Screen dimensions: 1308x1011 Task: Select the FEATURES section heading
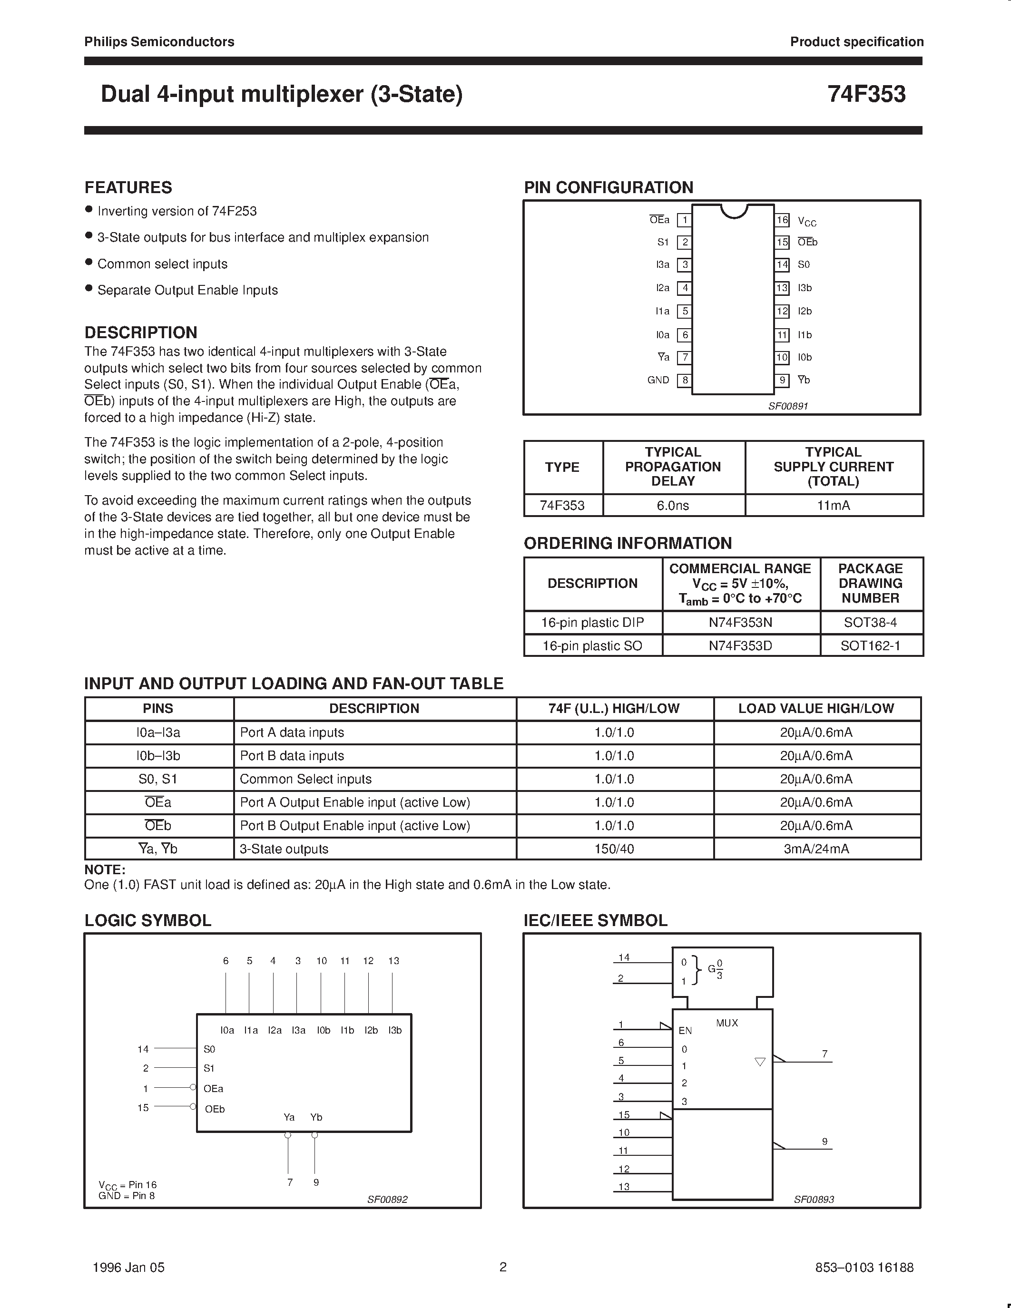(128, 187)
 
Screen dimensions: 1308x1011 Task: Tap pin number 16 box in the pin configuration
(782, 220)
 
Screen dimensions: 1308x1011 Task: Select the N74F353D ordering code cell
(740, 645)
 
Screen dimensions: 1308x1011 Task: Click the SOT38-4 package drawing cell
(870, 622)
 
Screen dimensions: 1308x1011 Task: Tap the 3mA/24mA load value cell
(816, 849)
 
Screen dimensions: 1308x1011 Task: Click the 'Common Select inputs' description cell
(305, 779)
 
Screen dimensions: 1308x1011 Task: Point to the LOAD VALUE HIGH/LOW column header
(816, 709)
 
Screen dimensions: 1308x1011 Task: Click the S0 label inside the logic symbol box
(209, 1049)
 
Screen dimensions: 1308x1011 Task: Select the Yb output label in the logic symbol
(316, 1117)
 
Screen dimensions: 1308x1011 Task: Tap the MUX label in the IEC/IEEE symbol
(726, 1023)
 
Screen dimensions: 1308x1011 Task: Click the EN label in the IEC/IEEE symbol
(685, 1030)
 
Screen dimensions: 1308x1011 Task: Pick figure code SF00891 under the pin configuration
(788, 405)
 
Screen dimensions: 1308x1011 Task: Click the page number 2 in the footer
(503, 1267)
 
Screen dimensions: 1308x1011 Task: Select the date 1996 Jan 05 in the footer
(129, 1267)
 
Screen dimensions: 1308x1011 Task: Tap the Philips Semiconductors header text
(159, 42)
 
